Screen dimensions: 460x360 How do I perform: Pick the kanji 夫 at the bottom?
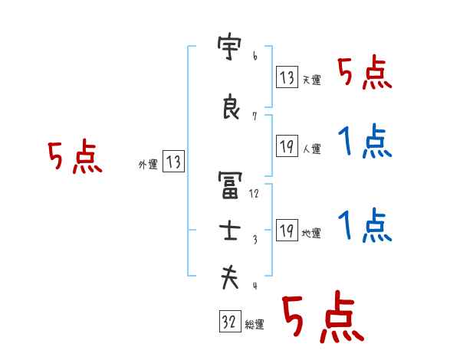[x=229, y=277]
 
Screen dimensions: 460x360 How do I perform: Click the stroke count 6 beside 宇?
[x=255, y=57]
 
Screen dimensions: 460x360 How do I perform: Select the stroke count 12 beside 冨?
[x=255, y=193]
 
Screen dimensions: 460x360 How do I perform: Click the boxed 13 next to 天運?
[x=287, y=77]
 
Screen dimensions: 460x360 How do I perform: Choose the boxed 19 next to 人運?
[x=287, y=146]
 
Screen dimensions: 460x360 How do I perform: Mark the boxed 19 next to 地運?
[x=287, y=230]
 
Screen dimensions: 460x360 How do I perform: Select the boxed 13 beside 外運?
[x=173, y=162]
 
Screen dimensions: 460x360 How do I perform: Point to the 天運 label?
[x=311, y=80]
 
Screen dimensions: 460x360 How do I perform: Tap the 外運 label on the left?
[x=147, y=163]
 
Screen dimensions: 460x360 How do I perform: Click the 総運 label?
[x=255, y=325]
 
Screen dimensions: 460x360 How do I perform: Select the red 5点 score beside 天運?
[x=365, y=74]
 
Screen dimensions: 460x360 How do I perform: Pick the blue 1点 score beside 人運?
[x=365, y=142]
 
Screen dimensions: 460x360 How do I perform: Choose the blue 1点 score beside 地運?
[x=365, y=227]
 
